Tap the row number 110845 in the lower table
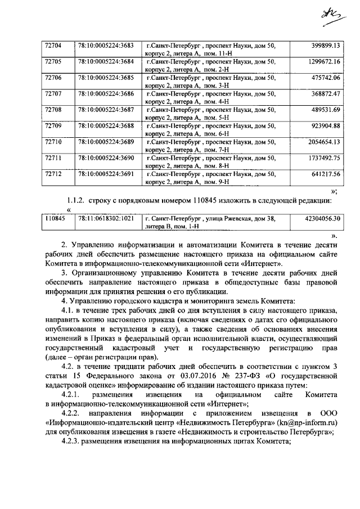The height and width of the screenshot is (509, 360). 54,217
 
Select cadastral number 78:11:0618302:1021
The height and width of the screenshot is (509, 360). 105,217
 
